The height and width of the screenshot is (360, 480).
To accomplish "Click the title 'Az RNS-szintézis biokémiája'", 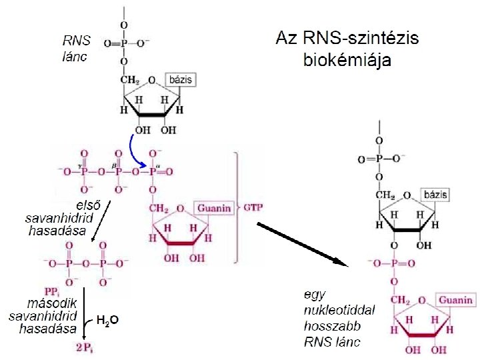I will pos(347,49).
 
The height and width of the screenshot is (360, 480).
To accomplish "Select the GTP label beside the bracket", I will pos(253,208).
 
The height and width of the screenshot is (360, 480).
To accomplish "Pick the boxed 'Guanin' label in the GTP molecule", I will pos(214,208).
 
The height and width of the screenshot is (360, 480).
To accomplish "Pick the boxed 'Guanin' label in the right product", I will pos(455,301).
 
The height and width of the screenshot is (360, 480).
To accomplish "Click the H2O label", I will pos(107,321).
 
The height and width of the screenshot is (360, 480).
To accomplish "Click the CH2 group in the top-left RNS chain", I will pos(129,81).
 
